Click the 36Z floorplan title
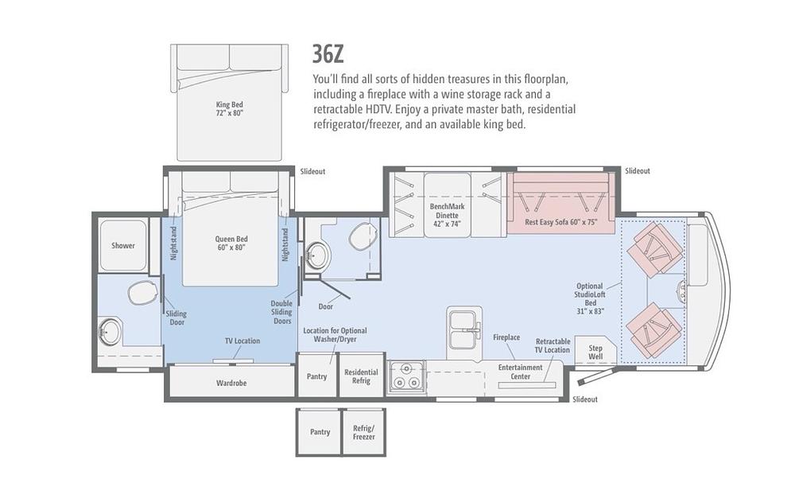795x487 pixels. tap(328, 54)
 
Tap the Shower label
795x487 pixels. tap(123, 246)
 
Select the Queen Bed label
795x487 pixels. tap(231, 243)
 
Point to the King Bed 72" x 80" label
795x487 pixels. tap(230, 108)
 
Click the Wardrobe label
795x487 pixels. tap(231, 383)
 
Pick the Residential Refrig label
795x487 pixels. tap(361, 376)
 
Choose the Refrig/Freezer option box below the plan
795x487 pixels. tap(363, 432)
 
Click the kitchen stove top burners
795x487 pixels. tap(406, 376)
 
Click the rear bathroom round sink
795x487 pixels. tap(109, 332)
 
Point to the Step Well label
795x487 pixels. tap(595, 352)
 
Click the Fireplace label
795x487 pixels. tap(506, 337)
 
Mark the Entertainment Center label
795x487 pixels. tap(520, 372)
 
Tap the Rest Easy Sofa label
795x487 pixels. tap(561, 222)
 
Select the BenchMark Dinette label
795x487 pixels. tap(447, 215)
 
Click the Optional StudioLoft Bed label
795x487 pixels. tap(590, 298)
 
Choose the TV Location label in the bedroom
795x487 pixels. tap(242, 341)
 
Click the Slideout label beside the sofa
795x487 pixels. tap(638, 171)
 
